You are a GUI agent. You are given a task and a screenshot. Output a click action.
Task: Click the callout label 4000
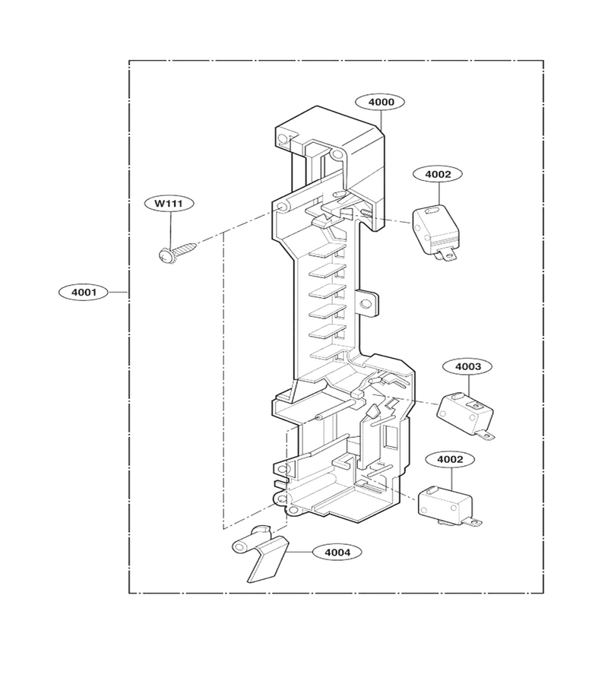click(x=381, y=102)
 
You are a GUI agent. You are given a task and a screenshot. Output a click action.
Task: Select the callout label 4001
click(x=84, y=292)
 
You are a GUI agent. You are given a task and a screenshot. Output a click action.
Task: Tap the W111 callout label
click(x=169, y=203)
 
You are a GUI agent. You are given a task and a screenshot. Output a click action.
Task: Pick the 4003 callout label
click(x=468, y=366)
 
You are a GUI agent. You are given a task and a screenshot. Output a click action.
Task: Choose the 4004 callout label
click(x=337, y=553)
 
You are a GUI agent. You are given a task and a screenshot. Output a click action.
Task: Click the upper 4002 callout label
click(x=438, y=174)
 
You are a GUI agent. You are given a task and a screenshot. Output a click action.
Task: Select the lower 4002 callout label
click(x=450, y=459)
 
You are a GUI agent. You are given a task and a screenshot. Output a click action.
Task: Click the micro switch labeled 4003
click(x=466, y=415)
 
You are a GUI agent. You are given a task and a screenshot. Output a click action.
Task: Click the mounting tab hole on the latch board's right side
click(x=366, y=302)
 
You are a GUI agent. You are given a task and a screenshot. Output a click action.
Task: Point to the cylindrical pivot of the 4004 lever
click(x=242, y=546)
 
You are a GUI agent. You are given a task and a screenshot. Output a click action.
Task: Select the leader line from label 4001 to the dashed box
click(x=119, y=292)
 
